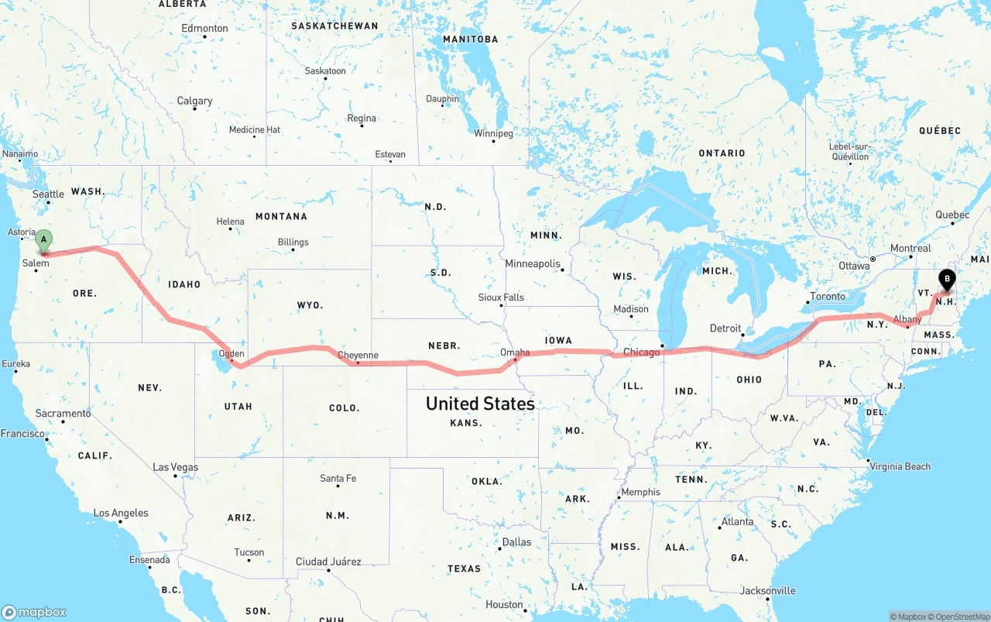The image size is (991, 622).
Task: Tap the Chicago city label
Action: pyautogui.click(x=642, y=352)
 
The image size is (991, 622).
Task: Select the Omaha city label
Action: pyautogui.click(x=515, y=352)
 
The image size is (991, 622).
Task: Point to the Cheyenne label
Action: pyautogui.click(x=358, y=356)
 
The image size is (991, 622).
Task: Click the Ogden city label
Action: pyautogui.click(x=231, y=354)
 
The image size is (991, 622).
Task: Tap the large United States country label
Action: pyautogui.click(x=480, y=404)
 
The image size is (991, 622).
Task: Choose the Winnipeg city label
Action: pyautogui.click(x=493, y=133)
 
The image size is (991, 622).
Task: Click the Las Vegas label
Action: pyautogui.click(x=175, y=467)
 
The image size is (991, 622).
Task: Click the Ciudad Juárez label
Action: pyautogui.click(x=328, y=562)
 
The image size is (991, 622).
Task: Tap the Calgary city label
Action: pyautogui.click(x=194, y=101)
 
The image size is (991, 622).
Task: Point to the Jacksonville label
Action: pyautogui.click(x=767, y=590)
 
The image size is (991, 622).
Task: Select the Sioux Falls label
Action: pyautogui.click(x=501, y=297)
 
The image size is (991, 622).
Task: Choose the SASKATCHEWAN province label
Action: pyautogui.click(x=334, y=26)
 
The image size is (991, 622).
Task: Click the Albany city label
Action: pyautogui.click(x=907, y=319)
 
